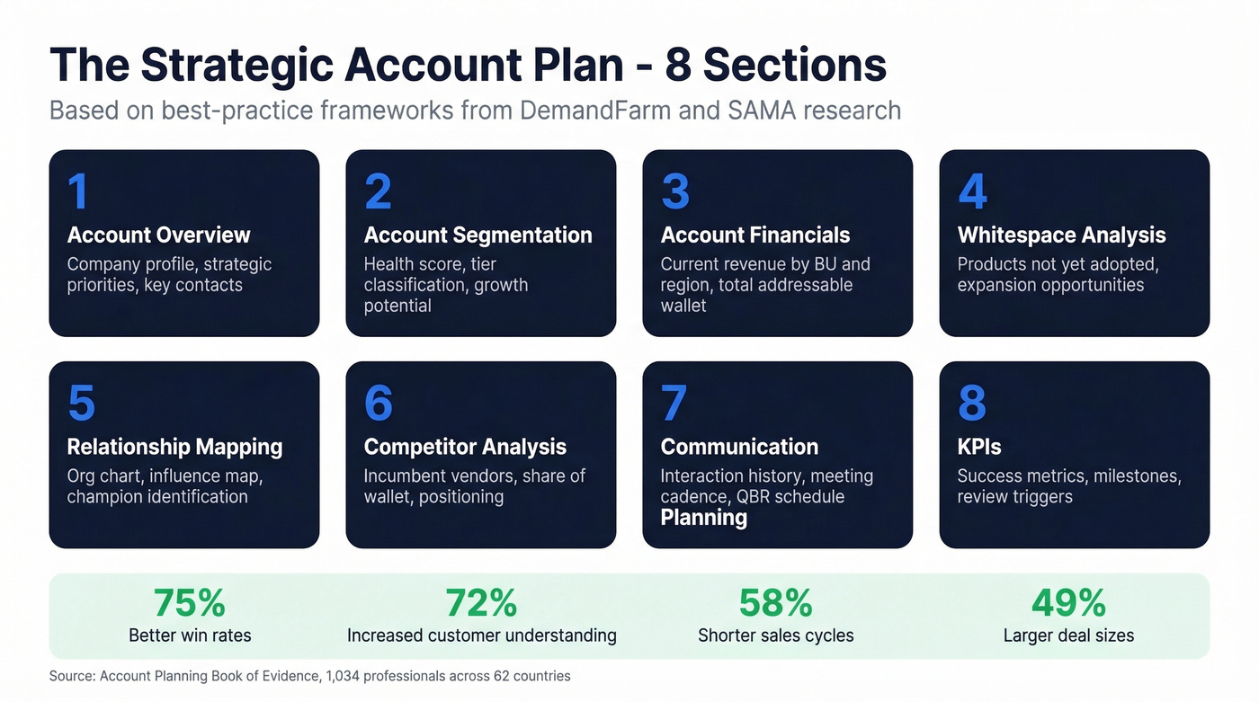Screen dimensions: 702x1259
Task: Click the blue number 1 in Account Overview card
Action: [78, 191]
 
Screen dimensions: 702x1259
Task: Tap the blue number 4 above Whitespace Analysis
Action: [972, 191]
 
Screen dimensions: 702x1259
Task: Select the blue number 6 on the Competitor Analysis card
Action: [379, 404]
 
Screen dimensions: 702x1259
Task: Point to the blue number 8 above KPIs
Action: [972, 404]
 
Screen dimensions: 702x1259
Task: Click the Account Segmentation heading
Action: [478, 235]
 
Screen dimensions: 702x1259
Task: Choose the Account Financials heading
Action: [755, 235]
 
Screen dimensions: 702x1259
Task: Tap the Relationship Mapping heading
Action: [174, 447]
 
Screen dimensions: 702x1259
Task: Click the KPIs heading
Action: [979, 447]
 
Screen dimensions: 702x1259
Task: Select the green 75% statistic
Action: [190, 603]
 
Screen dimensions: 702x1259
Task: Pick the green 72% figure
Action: [481, 603]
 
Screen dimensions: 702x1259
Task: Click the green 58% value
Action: [775, 603]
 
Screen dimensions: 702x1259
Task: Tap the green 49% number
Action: [1068, 603]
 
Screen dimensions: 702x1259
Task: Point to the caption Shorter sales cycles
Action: [775, 635]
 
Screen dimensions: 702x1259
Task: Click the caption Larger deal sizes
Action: [1068, 635]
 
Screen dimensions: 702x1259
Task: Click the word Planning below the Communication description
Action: [703, 518]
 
